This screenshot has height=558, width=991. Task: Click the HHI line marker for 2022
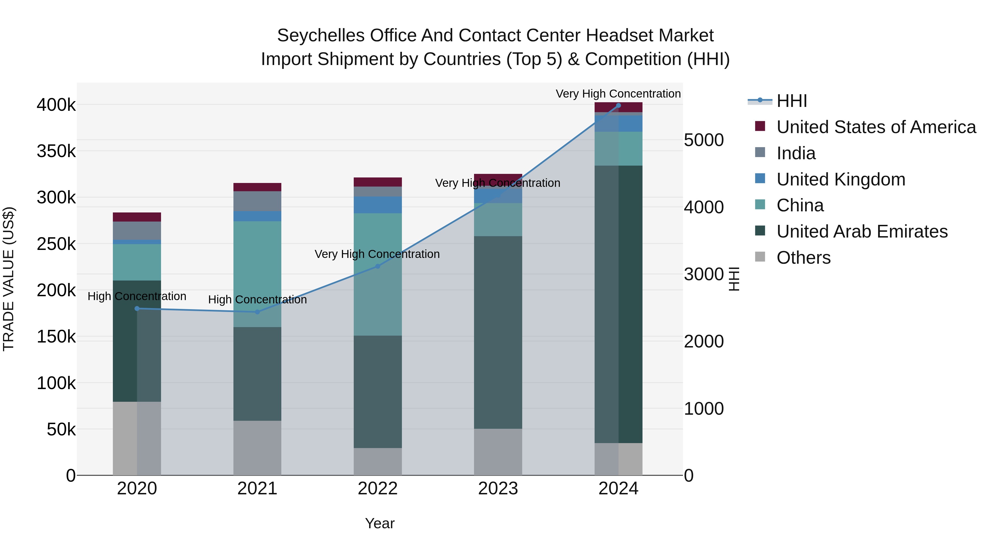point(377,266)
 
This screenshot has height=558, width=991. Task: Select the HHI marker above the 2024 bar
point(618,106)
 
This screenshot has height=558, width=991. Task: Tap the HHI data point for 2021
point(257,312)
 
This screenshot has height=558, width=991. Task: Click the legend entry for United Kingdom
point(841,179)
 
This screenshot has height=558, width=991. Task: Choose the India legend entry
point(796,153)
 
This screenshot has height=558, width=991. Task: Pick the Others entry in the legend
point(803,258)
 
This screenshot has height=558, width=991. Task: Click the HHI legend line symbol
point(760,101)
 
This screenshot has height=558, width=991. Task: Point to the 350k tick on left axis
point(56,151)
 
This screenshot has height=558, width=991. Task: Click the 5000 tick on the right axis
point(704,140)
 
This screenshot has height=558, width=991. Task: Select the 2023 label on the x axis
point(498,489)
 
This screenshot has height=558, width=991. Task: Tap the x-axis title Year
point(380,523)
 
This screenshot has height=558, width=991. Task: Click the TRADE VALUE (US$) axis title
point(9,279)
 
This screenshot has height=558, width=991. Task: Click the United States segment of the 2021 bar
point(257,187)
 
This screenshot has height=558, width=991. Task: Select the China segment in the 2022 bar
point(377,274)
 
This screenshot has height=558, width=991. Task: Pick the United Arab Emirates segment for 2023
point(498,332)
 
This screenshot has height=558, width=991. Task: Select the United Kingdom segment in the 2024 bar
point(618,124)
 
